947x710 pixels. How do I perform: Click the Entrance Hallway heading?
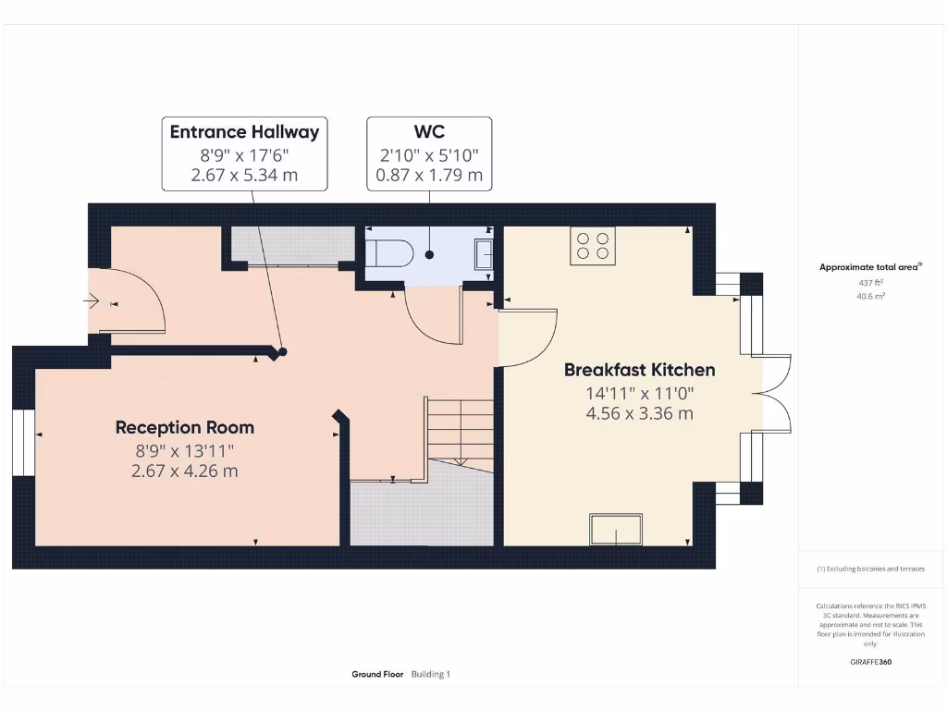244,131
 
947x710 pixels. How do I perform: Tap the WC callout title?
429,131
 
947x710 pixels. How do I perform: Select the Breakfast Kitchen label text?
639,370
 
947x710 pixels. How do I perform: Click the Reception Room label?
184,427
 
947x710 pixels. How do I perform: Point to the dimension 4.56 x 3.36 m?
639,413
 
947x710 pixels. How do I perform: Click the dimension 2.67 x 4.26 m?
184,471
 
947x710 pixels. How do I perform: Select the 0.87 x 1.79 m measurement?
429,174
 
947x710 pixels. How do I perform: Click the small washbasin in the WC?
484,252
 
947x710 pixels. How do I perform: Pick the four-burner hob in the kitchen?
593,246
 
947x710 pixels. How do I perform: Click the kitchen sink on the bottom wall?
617,530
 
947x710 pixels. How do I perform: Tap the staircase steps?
460,430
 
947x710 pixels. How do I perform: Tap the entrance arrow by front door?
93,300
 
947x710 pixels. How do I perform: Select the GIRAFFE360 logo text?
869,662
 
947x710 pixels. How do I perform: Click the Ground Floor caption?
377,674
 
